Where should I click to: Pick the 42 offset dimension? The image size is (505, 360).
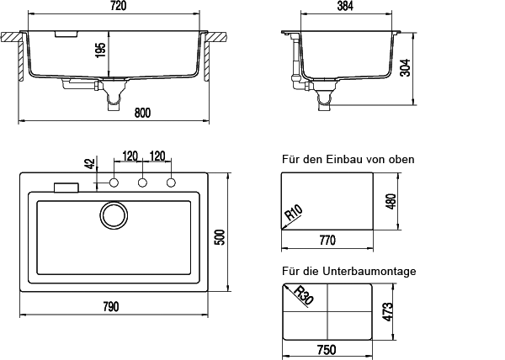[x=89, y=166]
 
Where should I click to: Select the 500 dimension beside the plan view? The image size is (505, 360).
[x=220, y=237]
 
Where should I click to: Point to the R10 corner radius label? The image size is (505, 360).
[x=294, y=214]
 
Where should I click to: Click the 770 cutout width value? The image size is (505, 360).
[x=327, y=241]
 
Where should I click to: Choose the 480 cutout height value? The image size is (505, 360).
[x=390, y=204]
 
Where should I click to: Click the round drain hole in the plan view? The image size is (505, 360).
[x=112, y=215]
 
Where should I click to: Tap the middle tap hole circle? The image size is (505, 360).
[x=142, y=183]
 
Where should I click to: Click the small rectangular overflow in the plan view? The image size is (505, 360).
[x=65, y=188]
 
